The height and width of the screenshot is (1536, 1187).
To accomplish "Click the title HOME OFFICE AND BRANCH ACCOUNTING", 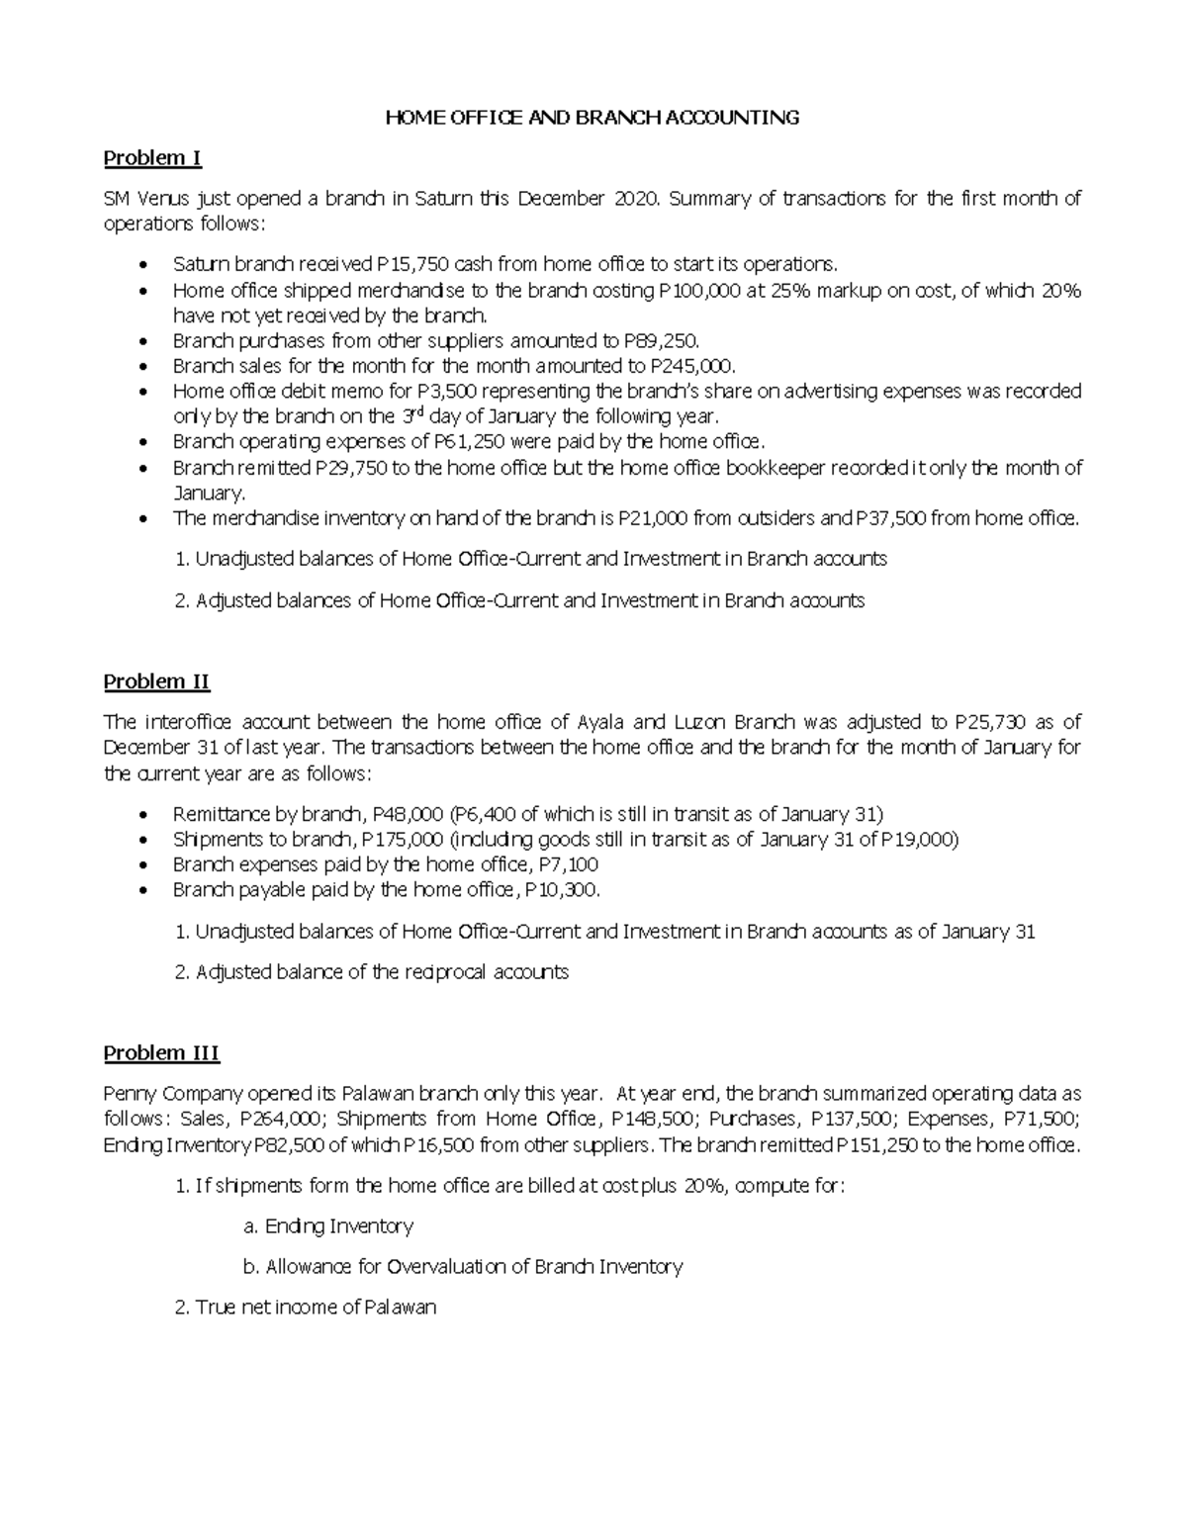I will coord(592,118).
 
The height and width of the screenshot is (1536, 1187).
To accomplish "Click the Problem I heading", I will coord(152,158).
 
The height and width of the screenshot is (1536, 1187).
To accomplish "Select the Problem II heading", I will coord(156,681).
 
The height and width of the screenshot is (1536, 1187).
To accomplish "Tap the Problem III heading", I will coord(161,1053).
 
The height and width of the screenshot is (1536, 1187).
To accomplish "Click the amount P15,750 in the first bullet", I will coord(407,264).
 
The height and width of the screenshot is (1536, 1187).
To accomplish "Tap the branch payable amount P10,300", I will coord(561,890).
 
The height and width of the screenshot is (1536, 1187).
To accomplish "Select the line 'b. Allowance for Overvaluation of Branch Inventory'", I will coord(463,1266).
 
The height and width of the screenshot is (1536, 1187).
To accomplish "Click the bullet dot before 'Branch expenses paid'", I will coord(144,865).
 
